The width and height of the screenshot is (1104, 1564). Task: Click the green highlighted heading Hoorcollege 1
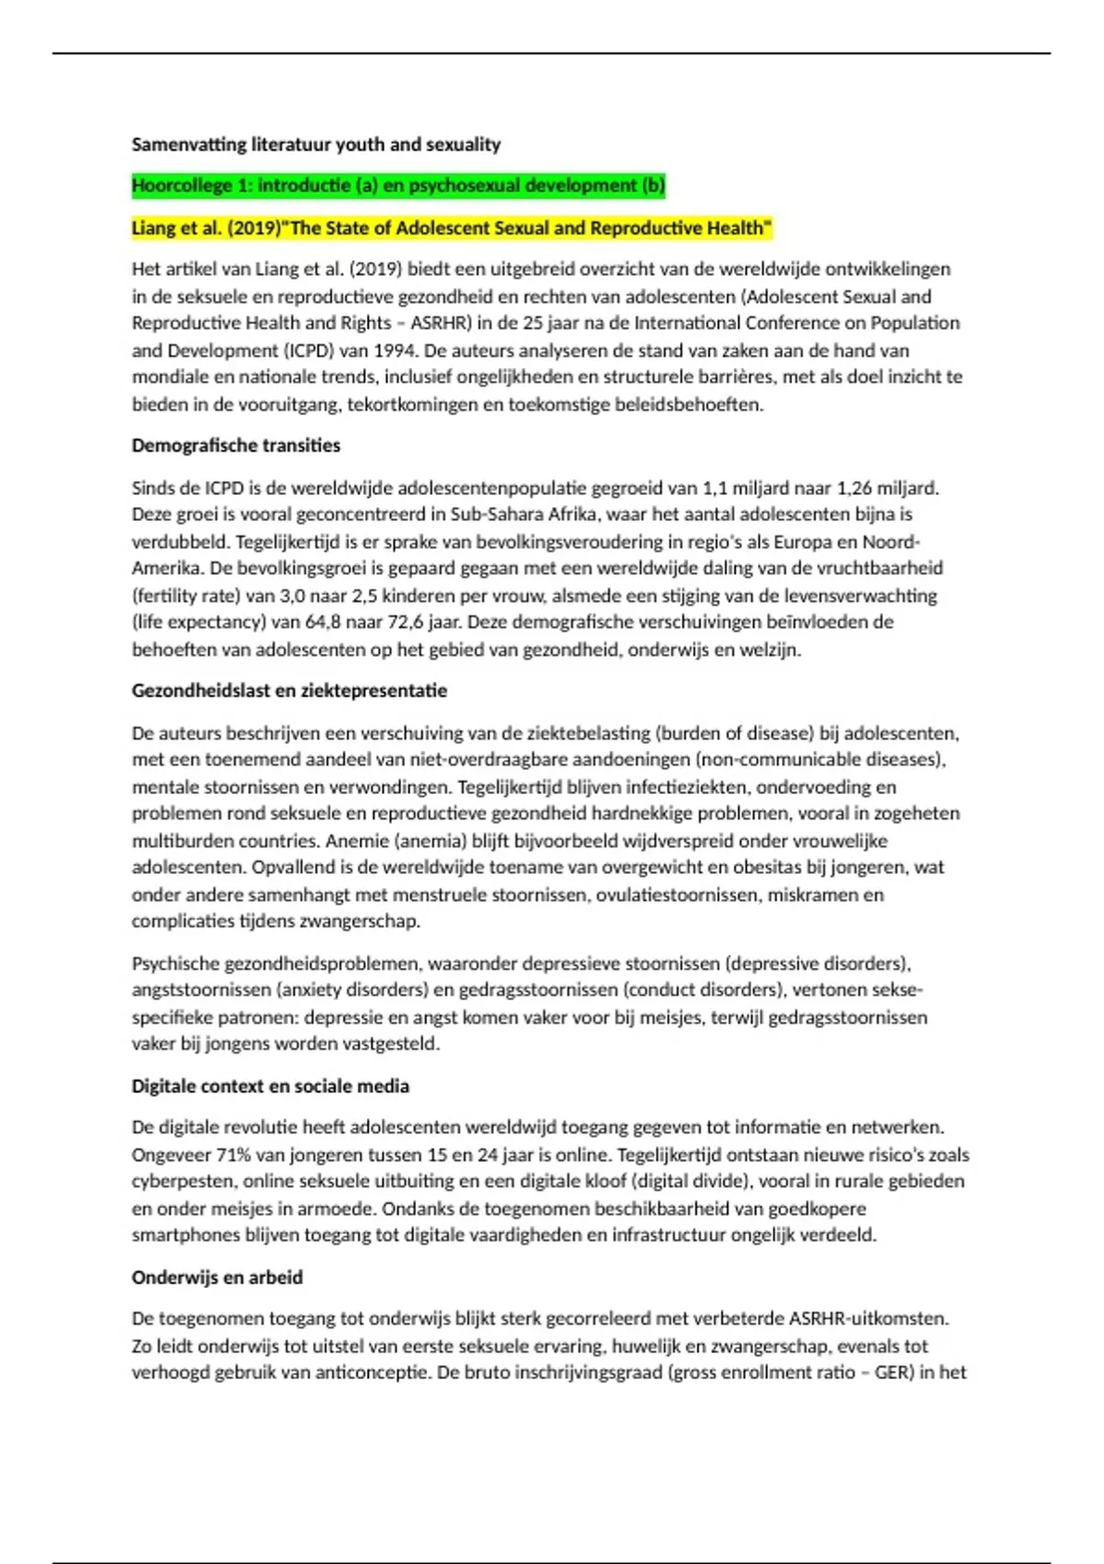(x=397, y=186)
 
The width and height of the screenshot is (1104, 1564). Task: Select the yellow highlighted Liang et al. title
(x=451, y=228)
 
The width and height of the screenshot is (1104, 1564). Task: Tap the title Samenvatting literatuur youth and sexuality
(x=316, y=144)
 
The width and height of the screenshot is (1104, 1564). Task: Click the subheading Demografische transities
(x=236, y=445)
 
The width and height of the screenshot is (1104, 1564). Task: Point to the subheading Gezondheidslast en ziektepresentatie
(x=289, y=691)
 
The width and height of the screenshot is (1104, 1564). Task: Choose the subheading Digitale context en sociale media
(x=270, y=1087)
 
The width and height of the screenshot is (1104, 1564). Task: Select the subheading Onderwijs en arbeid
(x=216, y=1278)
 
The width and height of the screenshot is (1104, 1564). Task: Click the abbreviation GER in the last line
(x=891, y=1373)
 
